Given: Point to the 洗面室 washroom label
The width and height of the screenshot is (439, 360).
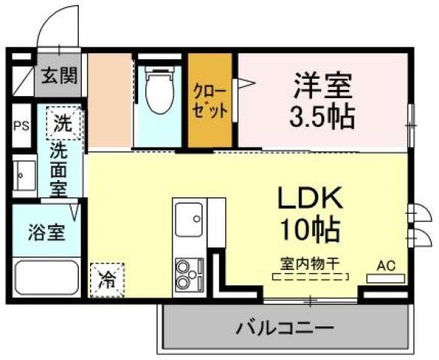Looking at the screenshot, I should [58, 169].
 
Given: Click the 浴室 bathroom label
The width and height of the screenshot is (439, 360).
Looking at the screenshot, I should [46, 232].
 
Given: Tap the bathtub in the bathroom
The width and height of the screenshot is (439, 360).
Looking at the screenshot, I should [47, 277].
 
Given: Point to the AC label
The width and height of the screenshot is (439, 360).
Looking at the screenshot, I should [386, 265].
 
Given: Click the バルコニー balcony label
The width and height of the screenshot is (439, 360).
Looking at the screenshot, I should [284, 328].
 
